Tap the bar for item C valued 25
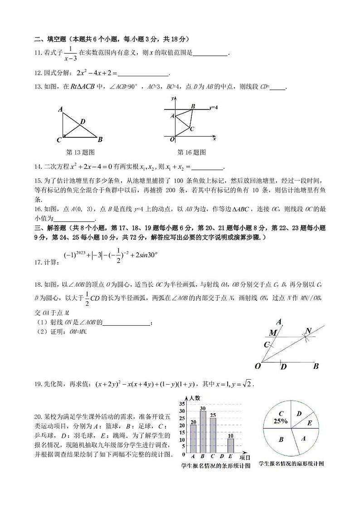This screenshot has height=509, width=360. pos(213,436)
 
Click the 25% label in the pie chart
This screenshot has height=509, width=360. pos(280,421)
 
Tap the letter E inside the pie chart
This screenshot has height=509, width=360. pos(310,423)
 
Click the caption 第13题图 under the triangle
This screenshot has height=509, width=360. pos(80,152)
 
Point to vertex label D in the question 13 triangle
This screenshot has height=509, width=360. pos(83,121)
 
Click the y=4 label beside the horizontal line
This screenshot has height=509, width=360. pos(214,108)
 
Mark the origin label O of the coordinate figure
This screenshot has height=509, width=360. pos(172,139)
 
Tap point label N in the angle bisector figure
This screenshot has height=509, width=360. pos(308,331)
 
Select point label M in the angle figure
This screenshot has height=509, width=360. pos(272,333)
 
